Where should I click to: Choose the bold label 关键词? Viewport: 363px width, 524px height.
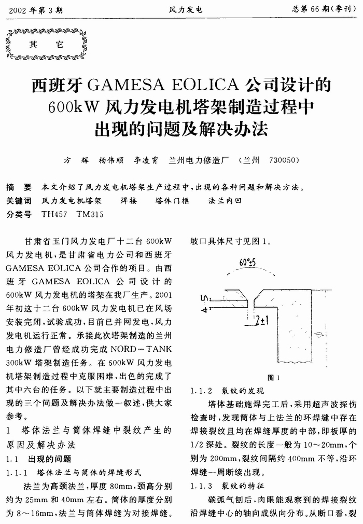click(x=19, y=200)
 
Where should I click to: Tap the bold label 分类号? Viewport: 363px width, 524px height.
click(x=19, y=214)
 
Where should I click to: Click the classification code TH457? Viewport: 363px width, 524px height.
click(x=53, y=214)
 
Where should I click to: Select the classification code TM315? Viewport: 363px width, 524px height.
click(x=90, y=214)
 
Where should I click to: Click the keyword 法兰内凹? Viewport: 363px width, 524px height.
click(x=225, y=200)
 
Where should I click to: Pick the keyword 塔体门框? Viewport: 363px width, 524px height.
click(x=173, y=200)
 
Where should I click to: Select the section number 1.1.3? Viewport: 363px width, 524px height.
click(x=202, y=486)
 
